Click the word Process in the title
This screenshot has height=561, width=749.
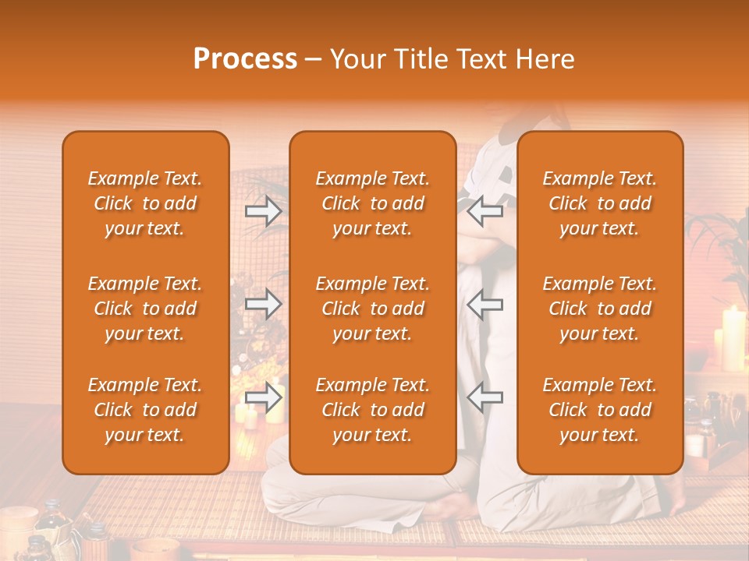click(x=245, y=59)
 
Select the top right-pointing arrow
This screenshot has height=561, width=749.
click(x=263, y=210)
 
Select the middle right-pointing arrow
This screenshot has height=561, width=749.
click(x=263, y=304)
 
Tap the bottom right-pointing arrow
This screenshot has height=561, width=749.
click(x=263, y=397)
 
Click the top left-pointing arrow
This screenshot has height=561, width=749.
click(x=485, y=210)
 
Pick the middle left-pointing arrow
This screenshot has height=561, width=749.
click(x=485, y=304)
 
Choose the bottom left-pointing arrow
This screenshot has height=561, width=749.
click(x=485, y=397)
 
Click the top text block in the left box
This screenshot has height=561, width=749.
click(x=145, y=203)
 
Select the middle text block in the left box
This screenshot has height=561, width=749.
click(x=145, y=309)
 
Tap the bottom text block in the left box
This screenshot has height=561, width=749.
click(x=145, y=410)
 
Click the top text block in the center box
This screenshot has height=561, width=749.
click(x=372, y=203)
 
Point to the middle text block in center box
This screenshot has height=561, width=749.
click(x=372, y=309)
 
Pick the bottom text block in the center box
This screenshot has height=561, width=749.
click(x=372, y=410)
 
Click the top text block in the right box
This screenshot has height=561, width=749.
click(x=599, y=203)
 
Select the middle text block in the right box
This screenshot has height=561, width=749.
click(x=599, y=309)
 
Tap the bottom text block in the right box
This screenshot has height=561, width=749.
click(x=599, y=410)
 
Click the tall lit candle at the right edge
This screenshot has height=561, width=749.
click(x=733, y=339)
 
